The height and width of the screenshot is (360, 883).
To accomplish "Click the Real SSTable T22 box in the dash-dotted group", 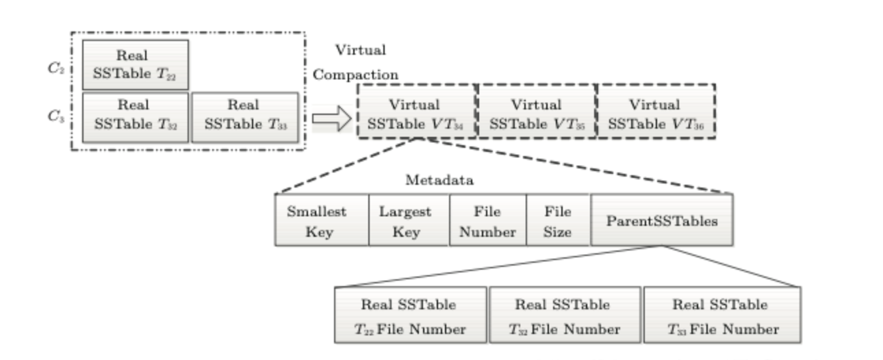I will pyautogui.click(x=135, y=64).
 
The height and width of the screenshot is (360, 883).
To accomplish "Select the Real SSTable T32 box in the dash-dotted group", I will pyautogui.click(x=135, y=116).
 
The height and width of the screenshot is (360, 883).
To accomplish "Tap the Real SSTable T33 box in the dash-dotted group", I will pyautogui.click(x=244, y=116).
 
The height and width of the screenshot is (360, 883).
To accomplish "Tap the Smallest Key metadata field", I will pyautogui.click(x=321, y=221).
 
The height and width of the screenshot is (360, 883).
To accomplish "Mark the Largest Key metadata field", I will pyautogui.click(x=408, y=221).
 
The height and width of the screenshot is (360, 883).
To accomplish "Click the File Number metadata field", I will pyautogui.click(x=487, y=221).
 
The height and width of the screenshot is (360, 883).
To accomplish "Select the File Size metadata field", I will pyautogui.click(x=557, y=221).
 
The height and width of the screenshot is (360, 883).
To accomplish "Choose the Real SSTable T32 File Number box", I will pyautogui.click(x=564, y=316).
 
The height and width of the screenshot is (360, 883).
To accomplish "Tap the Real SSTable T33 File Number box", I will pyautogui.click(x=722, y=316).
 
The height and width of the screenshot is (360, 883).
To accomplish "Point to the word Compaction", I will pyautogui.click(x=356, y=74).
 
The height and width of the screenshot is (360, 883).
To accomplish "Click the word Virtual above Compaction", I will pyautogui.click(x=361, y=50).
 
